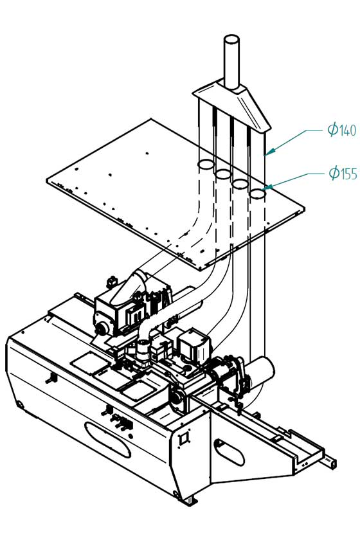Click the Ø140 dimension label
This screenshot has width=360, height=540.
[342, 130]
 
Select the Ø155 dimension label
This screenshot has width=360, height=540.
[343, 172]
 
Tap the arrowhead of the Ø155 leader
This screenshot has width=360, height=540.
[267, 188]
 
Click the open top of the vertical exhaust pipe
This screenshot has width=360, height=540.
[231, 39]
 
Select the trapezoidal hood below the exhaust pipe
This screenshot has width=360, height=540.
[231, 104]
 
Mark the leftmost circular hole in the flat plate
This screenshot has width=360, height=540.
[206, 165]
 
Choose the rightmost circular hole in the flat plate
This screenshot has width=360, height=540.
[257, 194]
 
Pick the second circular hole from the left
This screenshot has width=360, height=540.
[223, 174]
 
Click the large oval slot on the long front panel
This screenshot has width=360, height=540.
[107, 440]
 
